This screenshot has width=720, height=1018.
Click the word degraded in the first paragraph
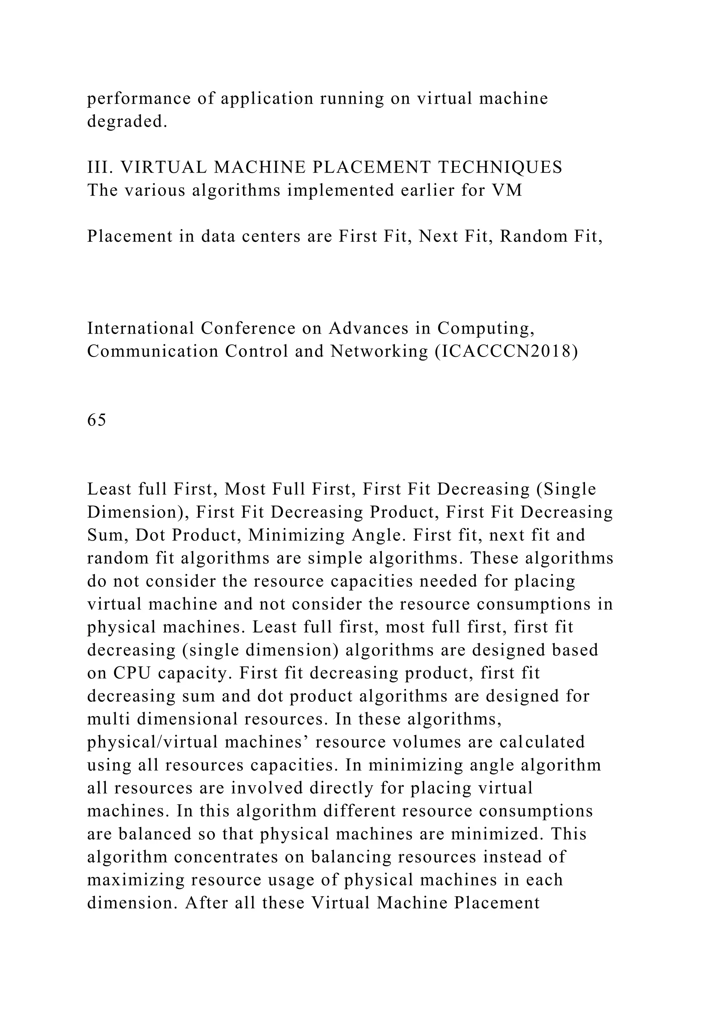click(x=127, y=122)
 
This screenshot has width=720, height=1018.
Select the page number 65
click(x=97, y=420)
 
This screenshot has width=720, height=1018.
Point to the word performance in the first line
click(x=139, y=98)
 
